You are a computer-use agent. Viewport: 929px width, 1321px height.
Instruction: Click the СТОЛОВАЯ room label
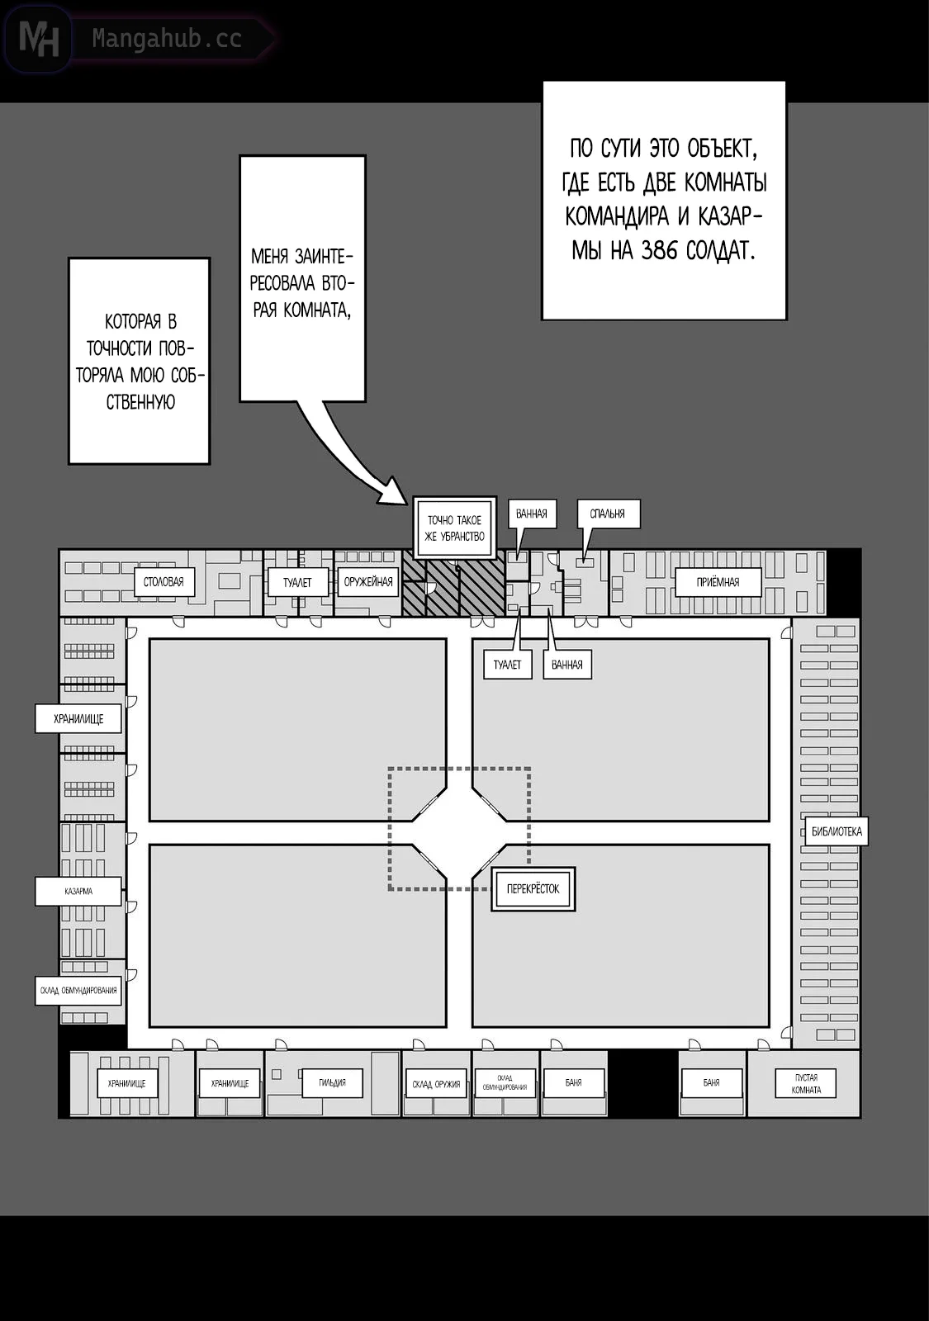(x=164, y=582)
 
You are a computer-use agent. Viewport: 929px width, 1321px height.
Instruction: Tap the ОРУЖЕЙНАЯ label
(x=368, y=582)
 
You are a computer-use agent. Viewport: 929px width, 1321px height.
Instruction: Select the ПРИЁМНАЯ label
(x=718, y=582)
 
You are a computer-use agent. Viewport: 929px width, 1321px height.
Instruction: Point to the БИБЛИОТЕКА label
(x=837, y=831)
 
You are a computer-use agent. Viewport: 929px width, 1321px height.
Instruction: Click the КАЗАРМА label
(x=78, y=892)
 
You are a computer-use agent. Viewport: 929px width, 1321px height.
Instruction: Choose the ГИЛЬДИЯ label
(x=332, y=1082)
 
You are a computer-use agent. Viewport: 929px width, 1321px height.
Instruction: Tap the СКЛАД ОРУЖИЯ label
(x=436, y=1084)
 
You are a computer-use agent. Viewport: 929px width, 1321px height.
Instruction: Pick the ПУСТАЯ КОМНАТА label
(x=806, y=1083)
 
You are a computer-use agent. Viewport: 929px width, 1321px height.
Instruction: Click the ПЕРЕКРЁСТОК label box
(x=533, y=889)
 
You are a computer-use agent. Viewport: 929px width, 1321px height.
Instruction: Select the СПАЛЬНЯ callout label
(x=608, y=514)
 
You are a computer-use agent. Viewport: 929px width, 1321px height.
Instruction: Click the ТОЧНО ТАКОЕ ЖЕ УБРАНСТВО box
(x=454, y=528)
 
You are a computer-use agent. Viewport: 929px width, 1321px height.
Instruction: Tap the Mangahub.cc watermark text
(x=167, y=39)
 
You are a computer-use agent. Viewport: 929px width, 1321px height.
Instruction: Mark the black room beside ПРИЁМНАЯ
(x=843, y=582)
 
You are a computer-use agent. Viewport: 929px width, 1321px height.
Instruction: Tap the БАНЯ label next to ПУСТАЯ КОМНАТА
(x=712, y=1082)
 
